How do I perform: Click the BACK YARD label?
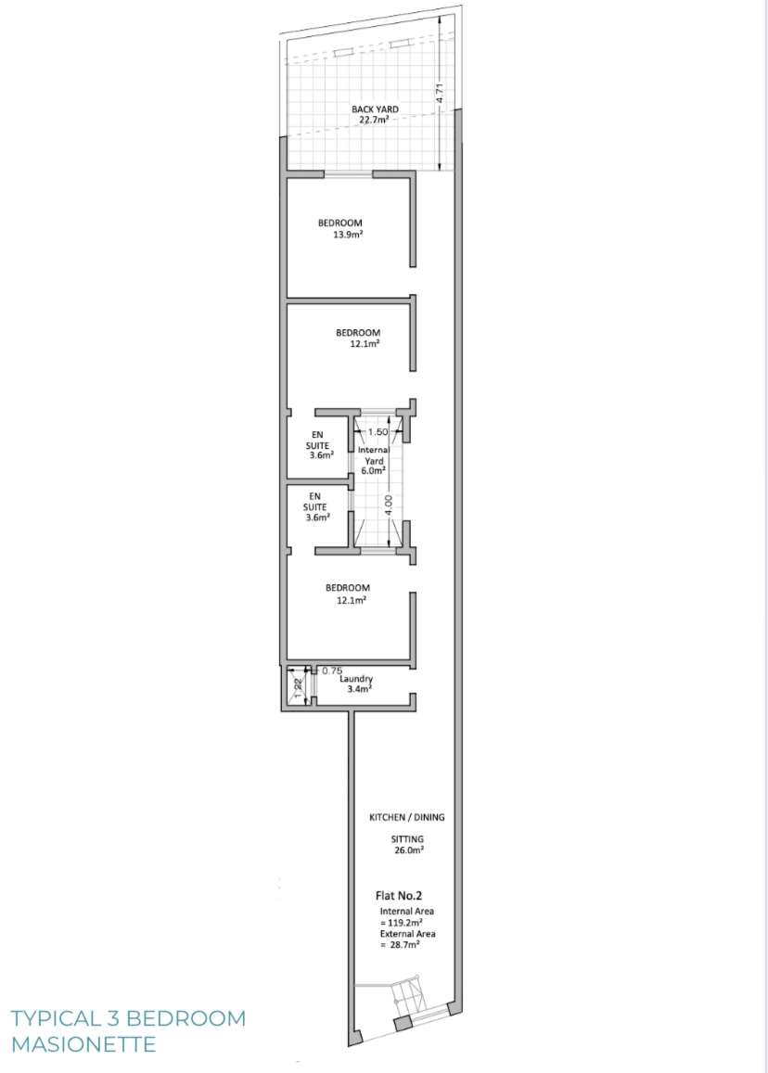[375, 109]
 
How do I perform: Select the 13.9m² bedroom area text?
[348, 236]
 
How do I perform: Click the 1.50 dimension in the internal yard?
[378, 432]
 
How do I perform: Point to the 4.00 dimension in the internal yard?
[389, 505]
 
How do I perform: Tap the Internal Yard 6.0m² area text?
[373, 469]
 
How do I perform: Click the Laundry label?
[356, 679]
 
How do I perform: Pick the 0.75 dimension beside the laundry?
[332, 671]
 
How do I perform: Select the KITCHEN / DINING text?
[407, 817]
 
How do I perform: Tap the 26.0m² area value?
[407, 849]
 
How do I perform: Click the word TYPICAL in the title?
[55, 1018]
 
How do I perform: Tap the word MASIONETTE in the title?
[83, 1044]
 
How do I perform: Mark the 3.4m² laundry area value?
[359, 689]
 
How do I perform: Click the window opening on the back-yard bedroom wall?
[348, 174]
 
